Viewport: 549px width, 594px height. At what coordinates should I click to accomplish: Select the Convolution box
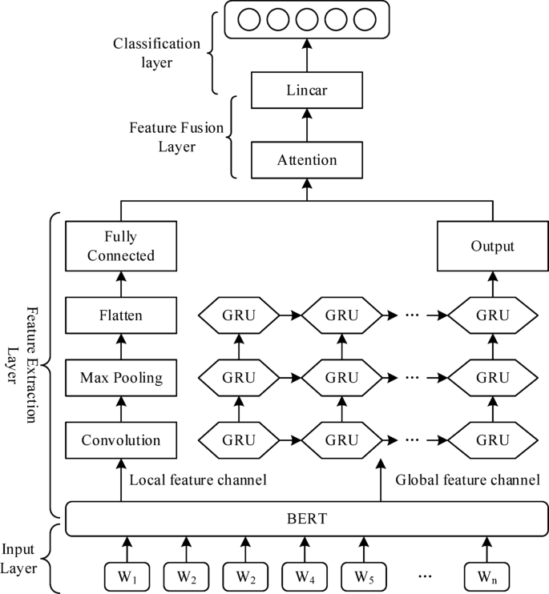tap(121, 439)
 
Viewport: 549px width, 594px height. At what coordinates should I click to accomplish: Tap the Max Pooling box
tap(121, 377)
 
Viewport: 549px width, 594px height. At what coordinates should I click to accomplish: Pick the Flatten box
tap(121, 315)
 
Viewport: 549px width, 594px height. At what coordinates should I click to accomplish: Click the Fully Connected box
tap(121, 247)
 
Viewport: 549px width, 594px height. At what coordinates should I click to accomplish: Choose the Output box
tap(492, 247)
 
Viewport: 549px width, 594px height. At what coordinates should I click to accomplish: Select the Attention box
tap(306, 160)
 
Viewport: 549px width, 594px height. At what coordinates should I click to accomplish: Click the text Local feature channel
tap(197, 480)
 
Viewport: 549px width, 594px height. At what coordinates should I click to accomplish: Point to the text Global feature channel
tap(467, 480)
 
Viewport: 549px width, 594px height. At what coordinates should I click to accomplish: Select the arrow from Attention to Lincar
tap(306, 126)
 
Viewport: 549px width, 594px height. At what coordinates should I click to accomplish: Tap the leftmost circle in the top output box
tap(248, 18)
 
